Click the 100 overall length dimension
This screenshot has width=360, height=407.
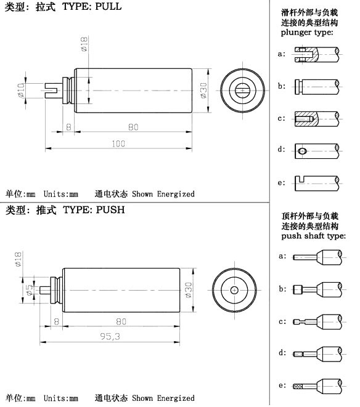[118, 143]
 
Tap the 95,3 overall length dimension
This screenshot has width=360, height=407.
[110, 337]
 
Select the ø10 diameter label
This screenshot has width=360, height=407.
[22, 90]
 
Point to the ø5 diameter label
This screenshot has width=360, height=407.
[30, 290]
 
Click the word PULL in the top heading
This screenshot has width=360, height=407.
[108, 6]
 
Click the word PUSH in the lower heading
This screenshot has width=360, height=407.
[110, 210]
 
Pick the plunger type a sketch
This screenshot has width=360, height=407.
[317, 55]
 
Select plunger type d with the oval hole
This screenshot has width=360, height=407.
[317, 151]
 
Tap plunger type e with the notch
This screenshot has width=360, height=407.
[317, 183]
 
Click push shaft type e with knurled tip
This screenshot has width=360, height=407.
[317, 386]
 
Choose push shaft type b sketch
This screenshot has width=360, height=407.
[317, 289]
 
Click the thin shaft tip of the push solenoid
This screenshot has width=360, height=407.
[45, 290]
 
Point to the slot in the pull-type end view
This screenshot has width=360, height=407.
[242, 91]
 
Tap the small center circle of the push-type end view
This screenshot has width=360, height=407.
[234, 290]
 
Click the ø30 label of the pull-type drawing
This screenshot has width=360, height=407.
[204, 91]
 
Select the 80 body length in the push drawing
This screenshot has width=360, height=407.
[121, 321]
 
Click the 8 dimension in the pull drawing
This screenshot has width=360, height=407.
[68, 127]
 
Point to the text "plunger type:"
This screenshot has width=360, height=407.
[307, 33]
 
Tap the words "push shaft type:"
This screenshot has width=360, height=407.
[314, 236]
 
